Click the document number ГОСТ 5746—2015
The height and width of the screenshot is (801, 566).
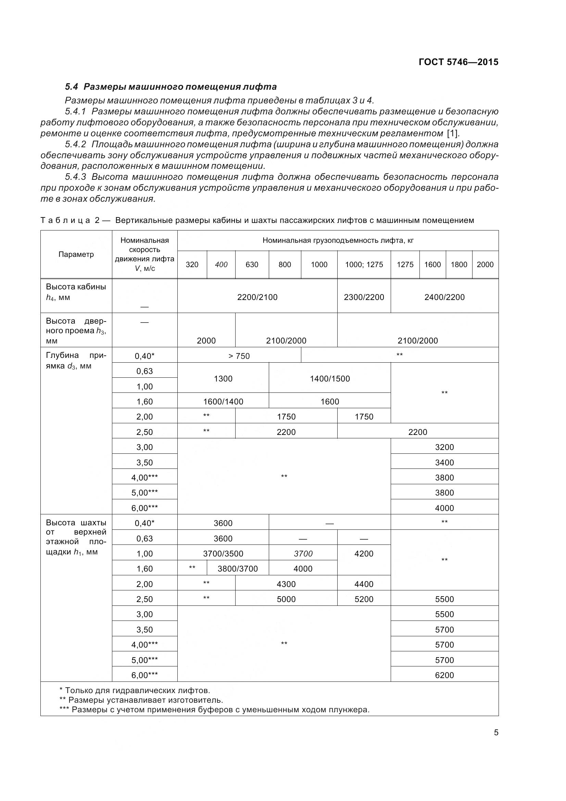pyautogui.click(x=458, y=62)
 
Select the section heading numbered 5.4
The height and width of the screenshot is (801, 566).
pyautogui.click(x=171, y=87)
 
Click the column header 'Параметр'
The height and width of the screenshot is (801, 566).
pyautogui.click(x=76, y=254)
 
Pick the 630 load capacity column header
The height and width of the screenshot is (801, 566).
pyautogui.click(x=252, y=264)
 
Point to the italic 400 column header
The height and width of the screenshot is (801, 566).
pyautogui.click(x=221, y=264)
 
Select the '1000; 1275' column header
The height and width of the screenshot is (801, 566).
pyautogui.click(x=364, y=264)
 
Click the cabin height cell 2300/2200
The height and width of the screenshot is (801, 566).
pyautogui.click(x=364, y=297)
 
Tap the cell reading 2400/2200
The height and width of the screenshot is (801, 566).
pyautogui.click(x=444, y=297)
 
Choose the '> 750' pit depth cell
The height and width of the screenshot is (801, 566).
pyautogui.click(x=239, y=356)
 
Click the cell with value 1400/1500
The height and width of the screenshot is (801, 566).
pyautogui.click(x=329, y=378)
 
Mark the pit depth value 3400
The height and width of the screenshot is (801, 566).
pyautogui.click(x=444, y=463)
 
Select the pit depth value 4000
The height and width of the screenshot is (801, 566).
pyautogui.click(x=444, y=508)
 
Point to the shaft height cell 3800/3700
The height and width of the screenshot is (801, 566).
pyautogui.click(x=238, y=569)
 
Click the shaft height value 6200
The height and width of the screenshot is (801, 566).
pyautogui.click(x=444, y=675)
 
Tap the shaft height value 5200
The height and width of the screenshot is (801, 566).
pyautogui.click(x=364, y=599)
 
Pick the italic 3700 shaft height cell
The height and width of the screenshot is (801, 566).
pyautogui.click(x=303, y=554)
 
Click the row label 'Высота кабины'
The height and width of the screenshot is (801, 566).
pyautogui.click(x=76, y=287)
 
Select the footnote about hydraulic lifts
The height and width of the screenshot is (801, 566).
pyautogui.click(x=135, y=690)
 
